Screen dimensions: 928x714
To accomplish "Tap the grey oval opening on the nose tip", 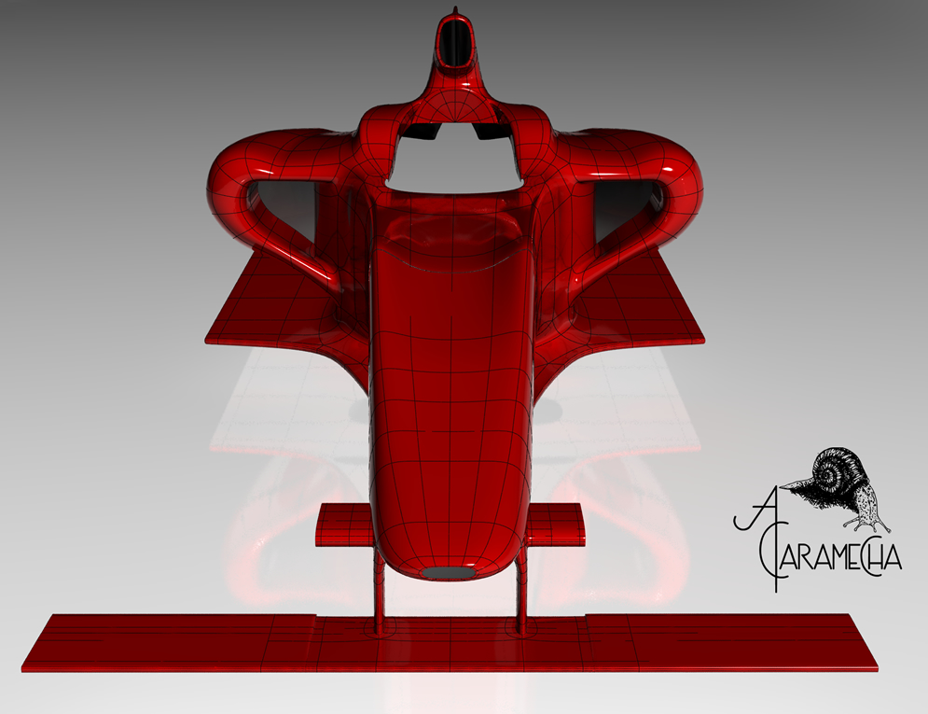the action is tap(450, 572).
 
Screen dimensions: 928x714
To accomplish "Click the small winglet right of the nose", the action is tap(555, 524).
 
